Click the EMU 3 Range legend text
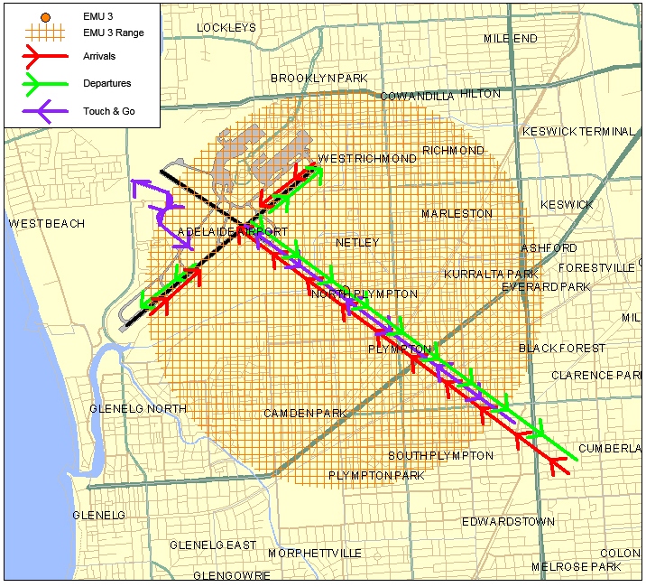[113, 33]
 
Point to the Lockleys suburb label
[226, 28]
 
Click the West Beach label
[46, 223]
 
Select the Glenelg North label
[138, 409]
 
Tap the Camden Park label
[305, 414]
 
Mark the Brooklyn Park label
[319, 79]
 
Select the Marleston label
[457, 213]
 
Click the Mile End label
[510, 39]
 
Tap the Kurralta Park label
[490, 274]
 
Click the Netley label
[357, 243]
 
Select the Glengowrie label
[232, 575]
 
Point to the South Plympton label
[440, 455]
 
